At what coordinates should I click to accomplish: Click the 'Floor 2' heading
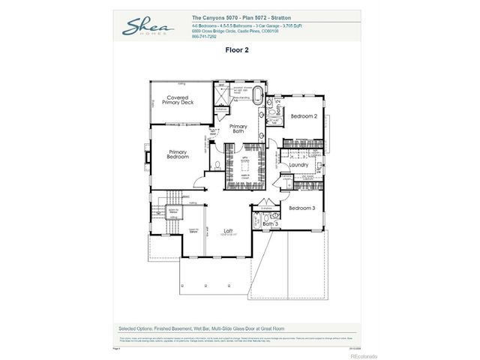pos(237,50)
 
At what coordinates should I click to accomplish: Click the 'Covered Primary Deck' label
pos(181,100)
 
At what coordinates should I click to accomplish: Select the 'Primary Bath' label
pos(238,128)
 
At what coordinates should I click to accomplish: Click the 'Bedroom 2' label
pos(304,116)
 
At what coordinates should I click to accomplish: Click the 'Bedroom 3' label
pos(302,207)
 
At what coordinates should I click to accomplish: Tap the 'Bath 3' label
pos(270,223)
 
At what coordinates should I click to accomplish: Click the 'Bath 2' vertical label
pos(278,107)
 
